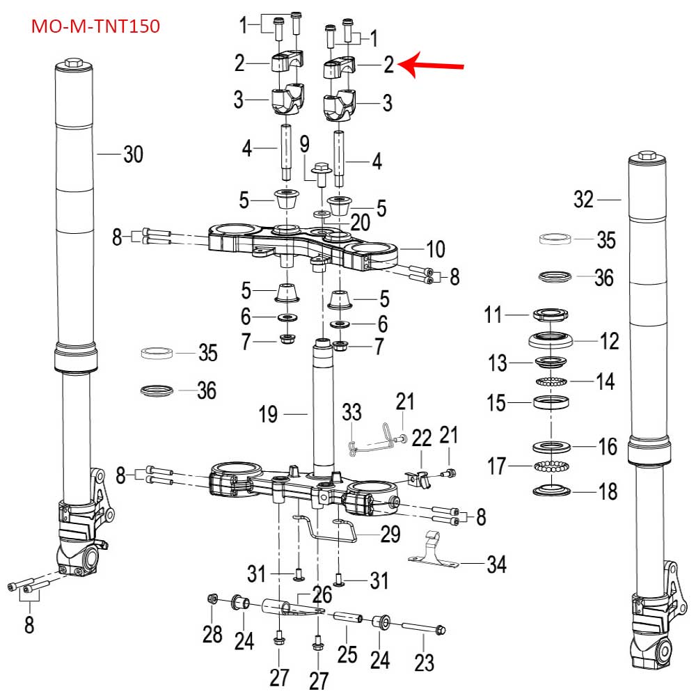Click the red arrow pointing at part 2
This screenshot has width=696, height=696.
pyautogui.click(x=434, y=66)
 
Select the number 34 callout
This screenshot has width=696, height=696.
pyautogui.click(x=496, y=564)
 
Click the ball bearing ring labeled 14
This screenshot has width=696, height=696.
pyautogui.click(x=551, y=381)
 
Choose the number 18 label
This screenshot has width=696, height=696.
pyautogui.click(x=608, y=492)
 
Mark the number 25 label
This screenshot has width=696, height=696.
pyautogui.click(x=347, y=654)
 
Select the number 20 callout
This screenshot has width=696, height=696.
pyautogui.click(x=360, y=222)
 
